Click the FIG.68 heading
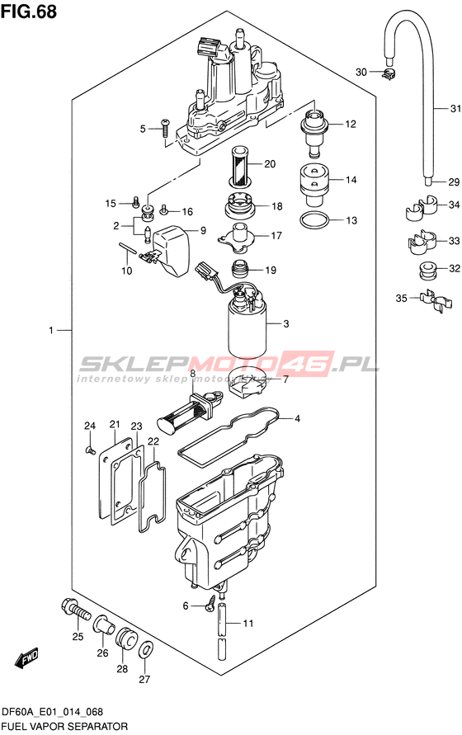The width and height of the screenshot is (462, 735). coord(29,12)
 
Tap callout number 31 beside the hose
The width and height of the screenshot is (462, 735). coord(455,109)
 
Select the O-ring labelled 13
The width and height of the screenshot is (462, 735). coord(314,219)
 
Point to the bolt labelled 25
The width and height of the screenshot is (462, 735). coord(77,610)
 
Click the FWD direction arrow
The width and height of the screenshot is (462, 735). coord(27,657)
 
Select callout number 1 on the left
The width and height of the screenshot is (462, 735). coord(52,331)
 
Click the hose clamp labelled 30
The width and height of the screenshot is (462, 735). coord(389,73)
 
